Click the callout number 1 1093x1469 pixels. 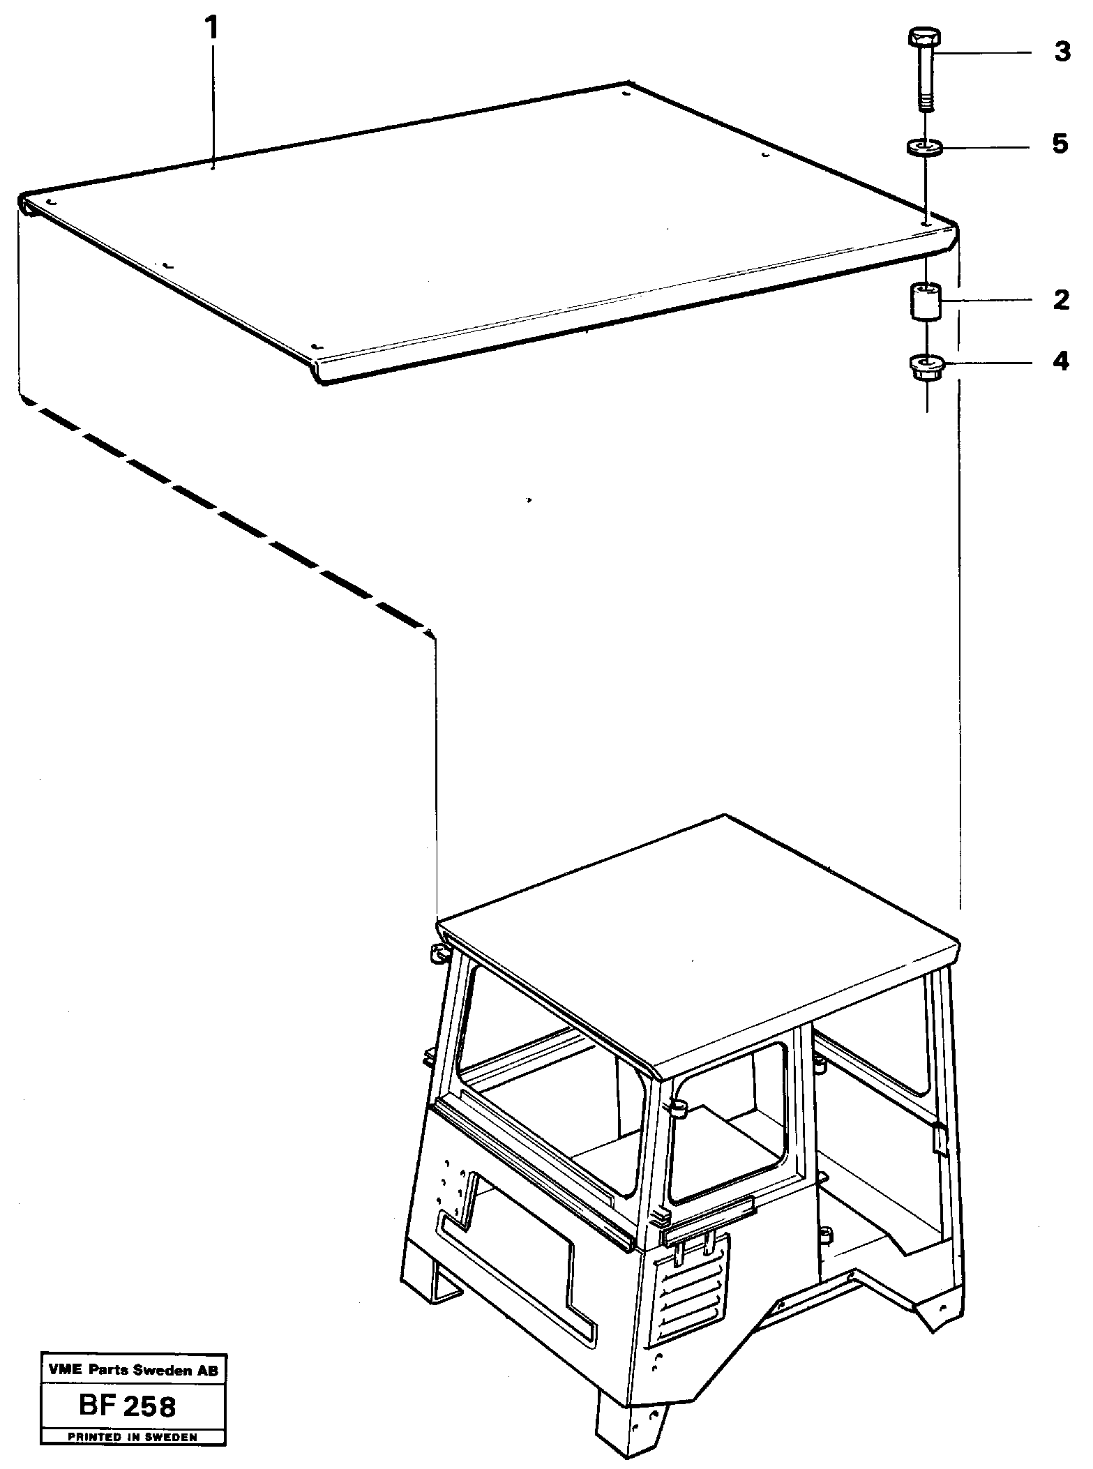tap(211, 29)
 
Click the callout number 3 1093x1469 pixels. tap(1062, 52)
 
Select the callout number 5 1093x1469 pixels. tap(1060, 144)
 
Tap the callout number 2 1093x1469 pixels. tap(1061, 301)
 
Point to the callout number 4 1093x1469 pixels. tap(1061, 361)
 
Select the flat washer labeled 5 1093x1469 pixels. tap(925, 148)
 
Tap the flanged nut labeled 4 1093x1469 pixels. tap(926, 367)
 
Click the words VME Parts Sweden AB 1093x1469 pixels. tap(133, 1389)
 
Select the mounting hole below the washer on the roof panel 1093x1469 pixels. tap(924, 223)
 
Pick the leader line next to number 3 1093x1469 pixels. tap(983, 53)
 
